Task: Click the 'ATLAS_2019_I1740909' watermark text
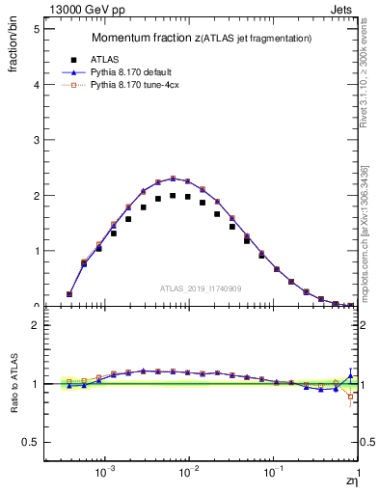tap(201, 288)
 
